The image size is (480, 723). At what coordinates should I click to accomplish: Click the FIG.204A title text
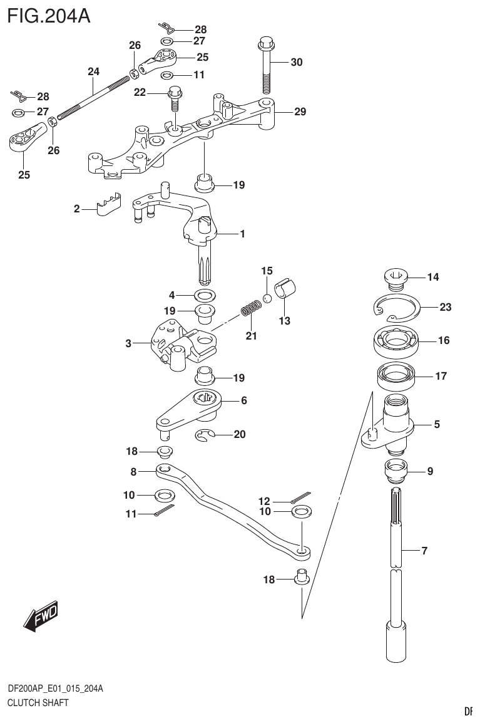click(49, 16)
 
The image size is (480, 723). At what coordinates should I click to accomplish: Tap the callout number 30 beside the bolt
click(296, 62)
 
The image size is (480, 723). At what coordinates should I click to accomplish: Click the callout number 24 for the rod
click(93, 71)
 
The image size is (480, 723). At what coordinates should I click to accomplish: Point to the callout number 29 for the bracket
click(300, 112)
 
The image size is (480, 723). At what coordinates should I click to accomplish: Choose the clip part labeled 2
click(108, 205)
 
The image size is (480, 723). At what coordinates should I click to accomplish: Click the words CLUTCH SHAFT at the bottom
click(38, 702)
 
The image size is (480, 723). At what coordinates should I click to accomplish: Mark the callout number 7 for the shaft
click(424, 551)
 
